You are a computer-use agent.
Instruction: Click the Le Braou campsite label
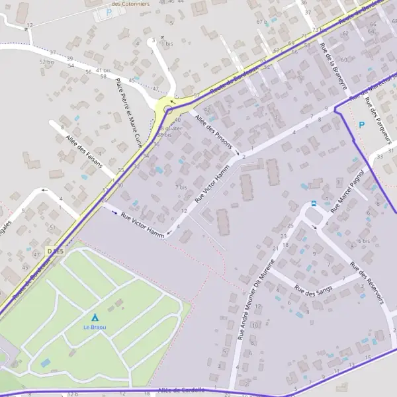pyautogui.click(x=94, y=328)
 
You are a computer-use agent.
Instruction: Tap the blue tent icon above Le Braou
pyautogui.click(x=94, y=318)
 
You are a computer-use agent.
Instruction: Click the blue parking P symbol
pyautogui.click(x=361, y=124)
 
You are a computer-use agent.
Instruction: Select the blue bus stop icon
pyautogui.click(x=313, y=204)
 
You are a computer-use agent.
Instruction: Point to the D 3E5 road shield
pyautogui.click(x=56, y=251)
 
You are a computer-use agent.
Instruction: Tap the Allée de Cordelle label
pyautogui.click(x=183, y=390)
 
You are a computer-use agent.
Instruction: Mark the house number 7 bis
pyautogui.click(x=181, y=187)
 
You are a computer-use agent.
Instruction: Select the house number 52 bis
pyautogui.click(x=46, y=62)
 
